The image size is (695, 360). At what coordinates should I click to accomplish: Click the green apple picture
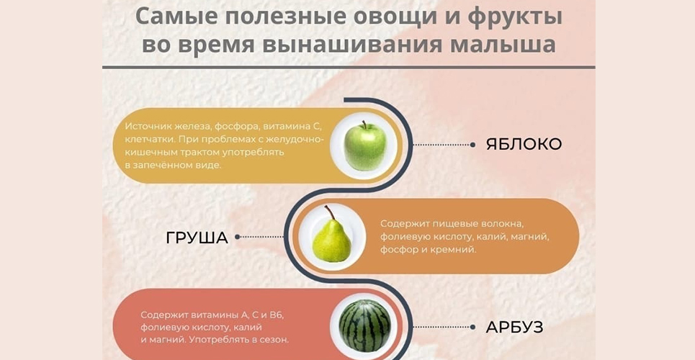(x=365, y=146)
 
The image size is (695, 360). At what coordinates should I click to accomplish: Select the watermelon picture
(x=365, y=325)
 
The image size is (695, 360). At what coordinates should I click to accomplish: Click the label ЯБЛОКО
(x=524, y=145)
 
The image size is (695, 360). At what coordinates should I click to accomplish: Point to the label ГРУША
(x=197, y=238)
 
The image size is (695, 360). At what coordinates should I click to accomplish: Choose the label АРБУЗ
(x=515, y=328)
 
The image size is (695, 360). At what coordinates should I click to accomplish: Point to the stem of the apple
(x=364, y=124)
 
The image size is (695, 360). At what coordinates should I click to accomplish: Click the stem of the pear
(x=329, y=212)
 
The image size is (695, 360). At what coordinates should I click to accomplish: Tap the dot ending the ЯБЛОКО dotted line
(x=473, y=145)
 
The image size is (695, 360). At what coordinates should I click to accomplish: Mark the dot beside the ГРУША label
(x=237, y=237)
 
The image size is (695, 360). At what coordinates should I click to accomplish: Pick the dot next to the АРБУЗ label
(x=473, y=327)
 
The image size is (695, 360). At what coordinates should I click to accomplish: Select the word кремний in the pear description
(x=457, y=250)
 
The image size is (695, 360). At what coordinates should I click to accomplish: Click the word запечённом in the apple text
(x=159, y=166)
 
